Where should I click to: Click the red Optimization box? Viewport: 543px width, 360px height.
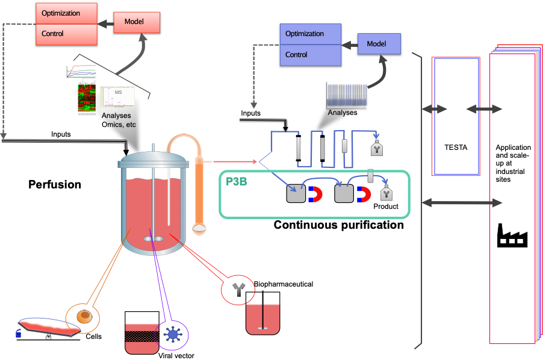(x=66, y=13)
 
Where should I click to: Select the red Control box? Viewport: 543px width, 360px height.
(x=66, y=34)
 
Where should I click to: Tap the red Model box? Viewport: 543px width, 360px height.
(x=137, y=22)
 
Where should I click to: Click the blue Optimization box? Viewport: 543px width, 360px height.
(x=311, y=34)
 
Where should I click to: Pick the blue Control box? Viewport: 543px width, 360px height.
(x=311, y=55)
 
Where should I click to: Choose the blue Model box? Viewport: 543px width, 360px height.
(x=379, y=44)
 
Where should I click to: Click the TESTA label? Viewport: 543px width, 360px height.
(x=456, y=147)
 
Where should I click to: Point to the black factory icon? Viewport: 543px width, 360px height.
(x=512, y=235)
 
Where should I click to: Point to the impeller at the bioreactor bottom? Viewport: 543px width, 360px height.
(x=154, y=239)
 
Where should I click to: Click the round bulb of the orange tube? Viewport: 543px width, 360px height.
(x=199, y=229)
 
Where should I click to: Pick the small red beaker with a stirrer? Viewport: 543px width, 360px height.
(x=263, y=318)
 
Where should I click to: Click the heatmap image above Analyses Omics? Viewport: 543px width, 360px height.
(x=87, y=100)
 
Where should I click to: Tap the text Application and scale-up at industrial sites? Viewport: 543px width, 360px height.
(x=513, y=163)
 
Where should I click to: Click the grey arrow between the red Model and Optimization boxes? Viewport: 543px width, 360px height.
(x=105, y=23)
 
